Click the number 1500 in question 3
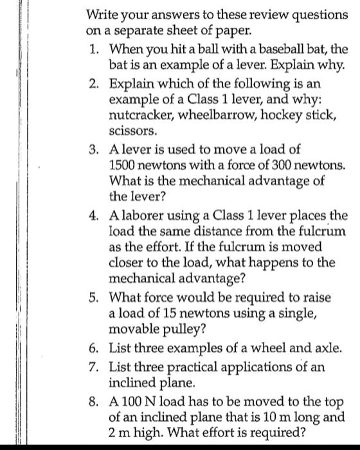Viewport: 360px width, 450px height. coord(123,165)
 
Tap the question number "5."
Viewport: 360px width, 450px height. coord(94,298)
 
